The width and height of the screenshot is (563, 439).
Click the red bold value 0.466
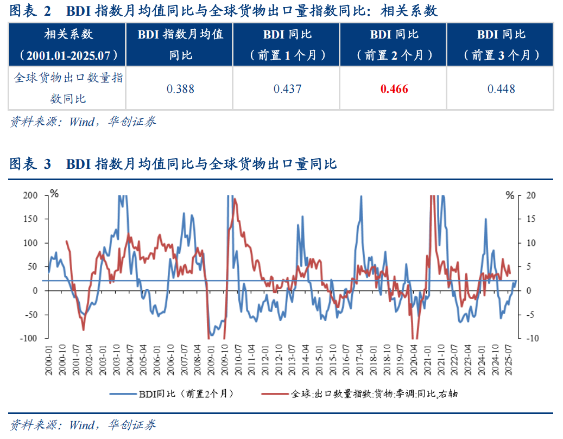point(394,89)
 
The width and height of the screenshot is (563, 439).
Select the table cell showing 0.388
point(180,89)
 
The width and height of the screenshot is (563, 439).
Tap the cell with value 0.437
point(287,89)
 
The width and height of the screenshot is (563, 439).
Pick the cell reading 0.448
point(501,89)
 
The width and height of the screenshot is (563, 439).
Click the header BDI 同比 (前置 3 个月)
point(501,44)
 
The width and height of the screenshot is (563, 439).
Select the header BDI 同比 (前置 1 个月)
point(287,44)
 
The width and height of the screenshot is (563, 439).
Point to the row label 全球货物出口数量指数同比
point(68,88)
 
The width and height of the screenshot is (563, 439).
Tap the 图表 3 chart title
point(173,163)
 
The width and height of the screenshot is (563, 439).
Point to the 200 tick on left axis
point(30,195)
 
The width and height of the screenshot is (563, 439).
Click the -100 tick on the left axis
point(29,338)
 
